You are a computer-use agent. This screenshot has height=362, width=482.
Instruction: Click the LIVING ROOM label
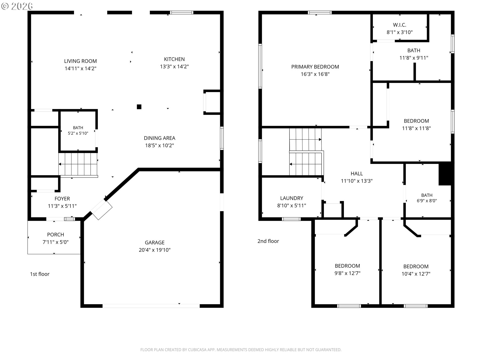point(80,61)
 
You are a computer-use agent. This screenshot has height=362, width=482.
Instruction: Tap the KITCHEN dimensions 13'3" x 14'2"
point(174,67)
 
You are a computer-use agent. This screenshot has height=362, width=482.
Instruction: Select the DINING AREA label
point(159,138)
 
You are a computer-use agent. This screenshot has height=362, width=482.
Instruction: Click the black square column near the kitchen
point(139,107)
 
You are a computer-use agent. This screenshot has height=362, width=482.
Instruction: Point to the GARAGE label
point(155,243)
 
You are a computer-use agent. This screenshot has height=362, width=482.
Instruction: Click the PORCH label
point(55,235)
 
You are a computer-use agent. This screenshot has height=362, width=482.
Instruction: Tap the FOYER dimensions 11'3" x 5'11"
point(62,206)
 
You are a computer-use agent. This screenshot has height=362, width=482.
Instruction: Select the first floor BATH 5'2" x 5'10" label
point(78,130)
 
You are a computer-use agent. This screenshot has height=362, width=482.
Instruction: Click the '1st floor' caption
point(40,274)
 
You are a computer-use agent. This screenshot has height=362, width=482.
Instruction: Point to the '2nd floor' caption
point(268,241)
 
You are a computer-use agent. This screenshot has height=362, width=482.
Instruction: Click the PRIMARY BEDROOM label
point(315,67)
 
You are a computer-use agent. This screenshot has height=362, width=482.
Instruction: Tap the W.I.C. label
point(400,25)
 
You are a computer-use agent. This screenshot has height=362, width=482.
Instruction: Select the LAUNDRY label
point(292,198)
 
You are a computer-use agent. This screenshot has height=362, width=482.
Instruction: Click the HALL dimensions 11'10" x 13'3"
point(357,181)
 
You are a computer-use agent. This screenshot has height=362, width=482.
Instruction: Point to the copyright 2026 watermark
point(17,6)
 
